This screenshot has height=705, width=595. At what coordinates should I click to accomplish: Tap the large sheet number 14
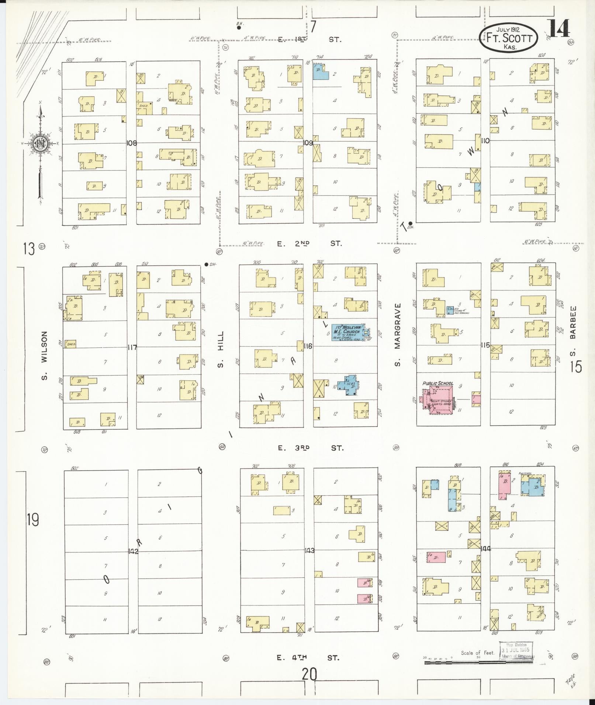pyautogui.click(x=559, y=28)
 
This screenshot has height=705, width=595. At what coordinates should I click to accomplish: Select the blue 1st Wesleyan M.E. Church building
pyautogui.click(x=347, y=332)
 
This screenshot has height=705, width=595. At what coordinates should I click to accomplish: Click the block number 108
pyautogui.click(x=131, y=143)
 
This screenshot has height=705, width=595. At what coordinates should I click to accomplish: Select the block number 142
pyautogui.click(x=133, y=551)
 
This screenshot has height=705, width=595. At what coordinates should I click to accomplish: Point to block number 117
pyautogui.click(x=132, y=347)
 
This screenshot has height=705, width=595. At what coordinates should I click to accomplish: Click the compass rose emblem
pyautogui.click(x=39, y=143)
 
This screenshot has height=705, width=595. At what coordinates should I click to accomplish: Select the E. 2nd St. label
pyautogui.click(x=310, y=243)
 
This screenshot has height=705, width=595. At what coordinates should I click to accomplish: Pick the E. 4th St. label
pyautogui.click(x=308, y=657)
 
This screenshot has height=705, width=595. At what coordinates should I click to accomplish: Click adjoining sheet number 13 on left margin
pyautogui.click(x=29, y=249)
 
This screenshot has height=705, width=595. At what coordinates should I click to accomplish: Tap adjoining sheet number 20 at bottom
pyautogui.click(x=309, y=675)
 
